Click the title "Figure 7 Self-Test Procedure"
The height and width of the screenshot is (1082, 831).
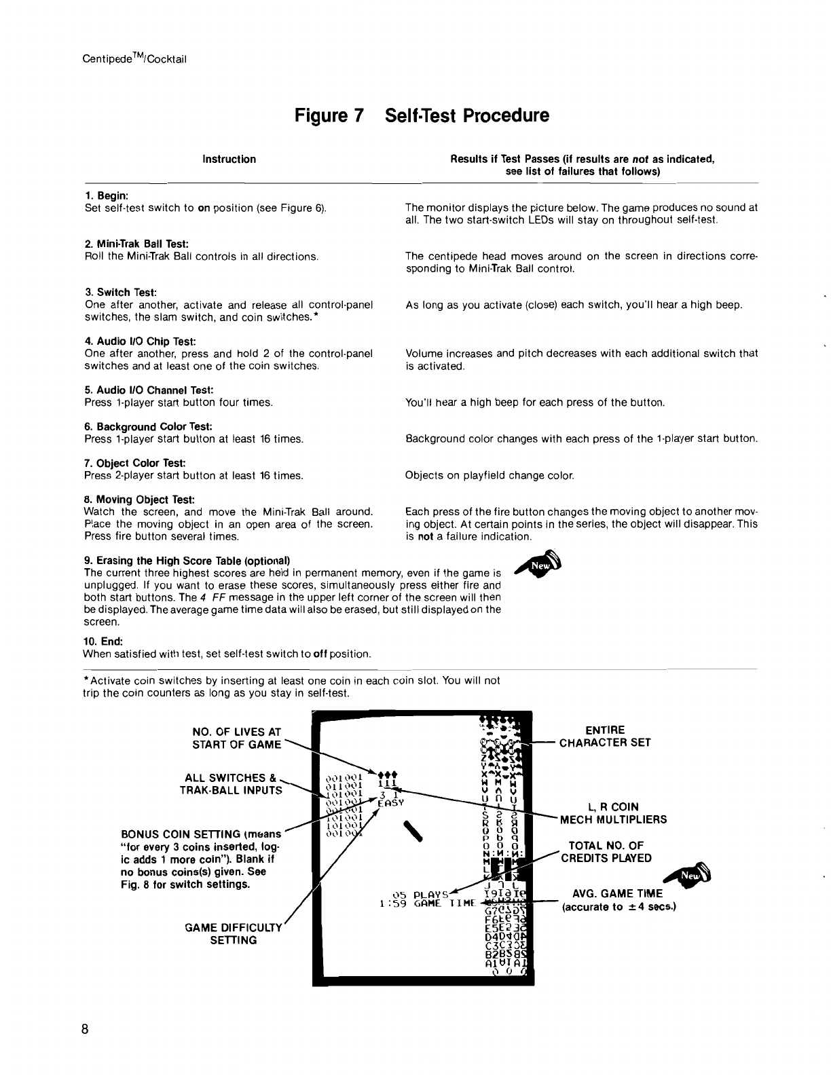422,116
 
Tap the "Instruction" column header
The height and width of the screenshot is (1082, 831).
229,160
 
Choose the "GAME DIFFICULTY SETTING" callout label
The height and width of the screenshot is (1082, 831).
233,934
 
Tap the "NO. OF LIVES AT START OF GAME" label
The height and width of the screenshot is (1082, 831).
236,738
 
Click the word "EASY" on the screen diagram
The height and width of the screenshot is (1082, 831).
390,802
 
